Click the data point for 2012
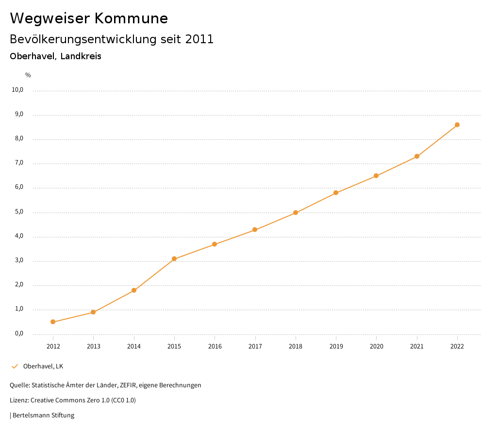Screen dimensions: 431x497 tap(53, 322)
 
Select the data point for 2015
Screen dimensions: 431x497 tap(174, 259)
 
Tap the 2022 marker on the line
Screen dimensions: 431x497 tap(457, 125)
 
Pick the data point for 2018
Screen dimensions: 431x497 tap(296, 213)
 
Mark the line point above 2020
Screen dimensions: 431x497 tap(376, 176)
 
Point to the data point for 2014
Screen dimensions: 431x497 tap(134, 290)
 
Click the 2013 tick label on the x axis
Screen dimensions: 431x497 tap(94, 347)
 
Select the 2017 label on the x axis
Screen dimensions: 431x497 tap(255, 347)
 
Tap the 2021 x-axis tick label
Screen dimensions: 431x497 tap(417, 347)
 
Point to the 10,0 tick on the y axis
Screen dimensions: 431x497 tap(17, 90)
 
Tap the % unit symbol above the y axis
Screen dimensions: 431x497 tap(28, 75)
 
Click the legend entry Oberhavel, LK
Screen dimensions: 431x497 tap(43, 366)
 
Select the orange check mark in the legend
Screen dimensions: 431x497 tap(15, 366)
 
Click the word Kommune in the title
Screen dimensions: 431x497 tap(131, 18)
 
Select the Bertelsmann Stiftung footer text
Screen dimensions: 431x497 tap(43, 415)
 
